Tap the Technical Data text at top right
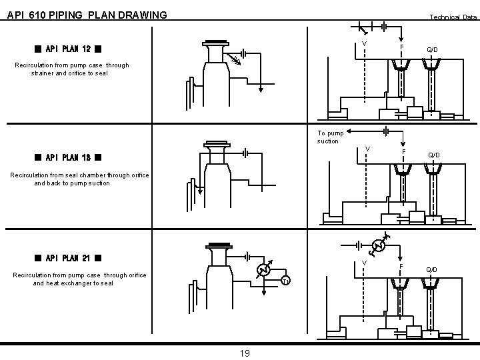pos(453,17)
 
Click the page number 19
pos(244,353)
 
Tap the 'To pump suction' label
pos(330,137)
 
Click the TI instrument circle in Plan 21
pos(285,280)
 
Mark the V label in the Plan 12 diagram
pos(364,45)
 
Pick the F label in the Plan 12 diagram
pos(401,48)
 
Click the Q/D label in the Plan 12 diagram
pos(433,50)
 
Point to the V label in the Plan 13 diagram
pos(367,149)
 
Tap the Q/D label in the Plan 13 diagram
pos(434,155)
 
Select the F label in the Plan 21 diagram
pos(401,267)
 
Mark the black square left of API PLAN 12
pos(39,49)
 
